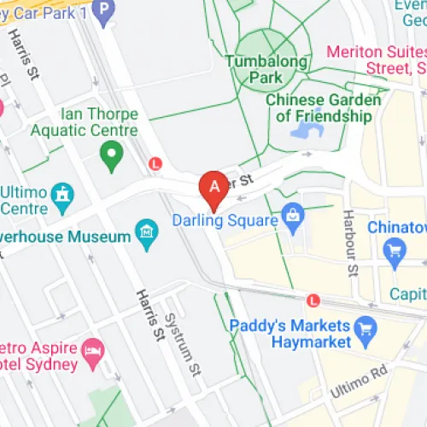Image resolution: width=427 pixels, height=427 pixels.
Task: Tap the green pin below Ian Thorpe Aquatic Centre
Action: (110, 156)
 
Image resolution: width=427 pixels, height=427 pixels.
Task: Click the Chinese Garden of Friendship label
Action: (323, 108)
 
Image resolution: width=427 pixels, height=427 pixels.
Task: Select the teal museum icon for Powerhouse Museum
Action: (147, 231)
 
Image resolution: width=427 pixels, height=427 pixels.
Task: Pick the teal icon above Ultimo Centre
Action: (61, 194)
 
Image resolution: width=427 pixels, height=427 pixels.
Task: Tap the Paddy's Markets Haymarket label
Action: (290, 334)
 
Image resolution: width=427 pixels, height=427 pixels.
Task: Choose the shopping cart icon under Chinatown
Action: (394, 249)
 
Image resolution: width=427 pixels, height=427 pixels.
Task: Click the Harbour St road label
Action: (350, 243)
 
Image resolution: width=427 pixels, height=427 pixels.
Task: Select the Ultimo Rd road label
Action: (363, 377)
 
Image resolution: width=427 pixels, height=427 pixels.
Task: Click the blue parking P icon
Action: (103, 9)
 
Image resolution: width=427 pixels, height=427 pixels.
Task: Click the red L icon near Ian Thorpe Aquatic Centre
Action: (155, 162)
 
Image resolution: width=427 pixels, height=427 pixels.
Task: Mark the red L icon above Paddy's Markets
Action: (313, 301)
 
